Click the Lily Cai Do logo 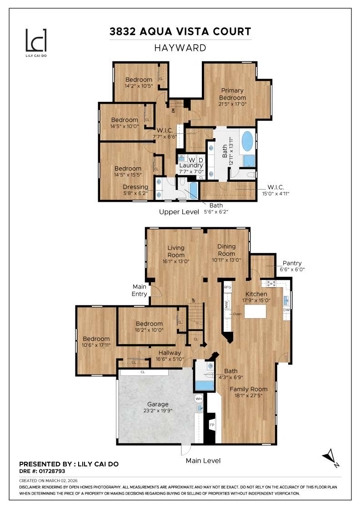click(36, 41)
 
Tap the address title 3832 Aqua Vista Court click(180, 31)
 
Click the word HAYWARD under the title click(180, 48)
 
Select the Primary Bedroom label click(232, 94)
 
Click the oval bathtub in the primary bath click(248, 141)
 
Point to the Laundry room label click(190, 165)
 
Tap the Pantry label click(292, 263)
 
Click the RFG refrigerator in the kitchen click(228, 288)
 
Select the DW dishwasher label click(286, 310)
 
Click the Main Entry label click(140, 290)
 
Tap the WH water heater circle click(199, 399)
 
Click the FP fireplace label click(212, 425)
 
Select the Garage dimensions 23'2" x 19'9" click(157, 411)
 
